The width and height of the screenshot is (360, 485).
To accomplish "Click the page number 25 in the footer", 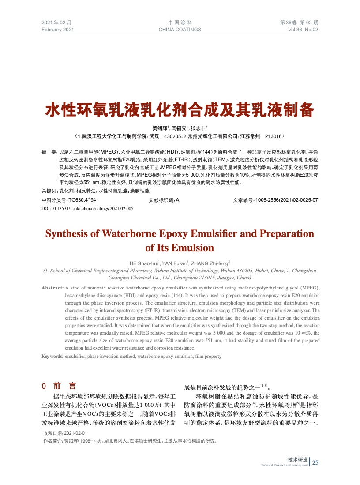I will tap(315, 462).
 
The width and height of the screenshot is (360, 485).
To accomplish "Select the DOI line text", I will tap(87, 208).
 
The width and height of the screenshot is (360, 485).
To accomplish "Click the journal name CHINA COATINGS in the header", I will tap(180, 30).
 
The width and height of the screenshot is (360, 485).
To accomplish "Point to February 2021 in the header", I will tap(58, 30).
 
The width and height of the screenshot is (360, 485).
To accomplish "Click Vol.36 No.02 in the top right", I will tap(303, 30).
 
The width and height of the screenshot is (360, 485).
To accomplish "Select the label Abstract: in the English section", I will tap(52, 288).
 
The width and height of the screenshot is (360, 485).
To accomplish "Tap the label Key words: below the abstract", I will tap(52, 356).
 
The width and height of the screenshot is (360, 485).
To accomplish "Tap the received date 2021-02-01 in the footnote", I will tap(76, 433).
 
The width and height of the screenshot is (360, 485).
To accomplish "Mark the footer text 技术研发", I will tap(297, 460).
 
